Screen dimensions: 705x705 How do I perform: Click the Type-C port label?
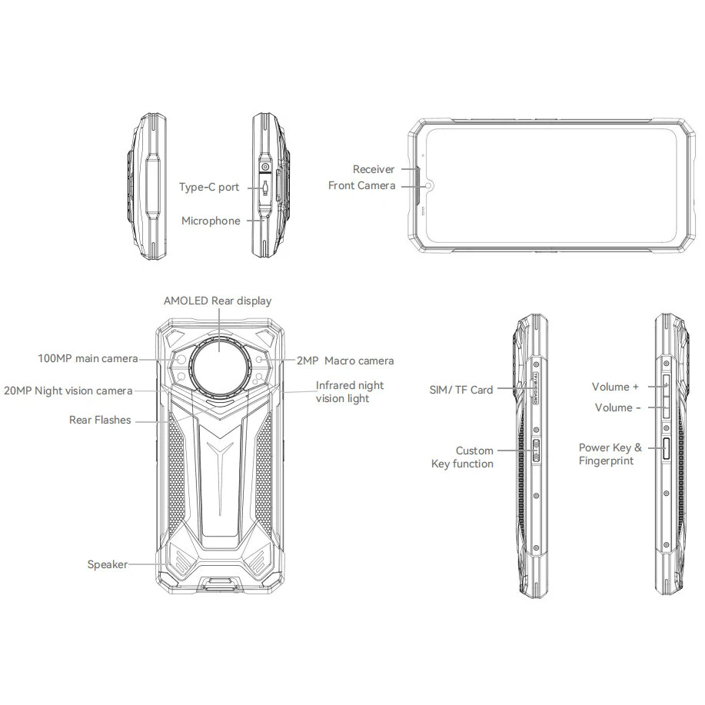pos(208,187)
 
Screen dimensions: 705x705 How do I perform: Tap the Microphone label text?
pos(210,221)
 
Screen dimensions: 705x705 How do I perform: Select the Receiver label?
pos(373,169)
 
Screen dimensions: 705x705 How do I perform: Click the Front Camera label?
pos(361,185)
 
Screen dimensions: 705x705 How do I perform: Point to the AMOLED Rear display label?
pos(218,301)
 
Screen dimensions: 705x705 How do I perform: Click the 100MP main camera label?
pos(88,358)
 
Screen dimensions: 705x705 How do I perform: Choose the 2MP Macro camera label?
pos(345,361)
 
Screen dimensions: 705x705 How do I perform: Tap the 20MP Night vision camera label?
pos(68,391)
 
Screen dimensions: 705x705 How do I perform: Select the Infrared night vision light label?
pos(350,391)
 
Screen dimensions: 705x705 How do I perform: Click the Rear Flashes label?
pos(100,420)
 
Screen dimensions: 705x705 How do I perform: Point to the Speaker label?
pos(107,564)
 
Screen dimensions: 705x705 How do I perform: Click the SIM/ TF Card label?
pos(461,390)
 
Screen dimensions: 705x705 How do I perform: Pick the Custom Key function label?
pos(463,457)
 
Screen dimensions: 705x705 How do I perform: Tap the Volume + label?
pos(615,387)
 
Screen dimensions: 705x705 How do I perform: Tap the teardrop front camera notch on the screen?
pos(429,185)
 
